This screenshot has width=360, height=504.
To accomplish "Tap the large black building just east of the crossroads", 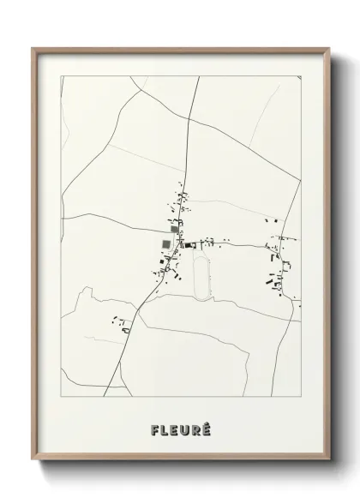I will click(x=188, y=245).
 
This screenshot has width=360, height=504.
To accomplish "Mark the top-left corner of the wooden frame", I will click(x=33, y=48).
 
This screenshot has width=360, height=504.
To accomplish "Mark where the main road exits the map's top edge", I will click(x=199, y=76).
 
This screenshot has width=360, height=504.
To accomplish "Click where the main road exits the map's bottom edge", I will click(x=105, y=396).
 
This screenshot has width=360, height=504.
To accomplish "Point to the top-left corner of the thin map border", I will click(x=61, y=76).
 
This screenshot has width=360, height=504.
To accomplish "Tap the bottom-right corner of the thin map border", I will click(x=301, y=396).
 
